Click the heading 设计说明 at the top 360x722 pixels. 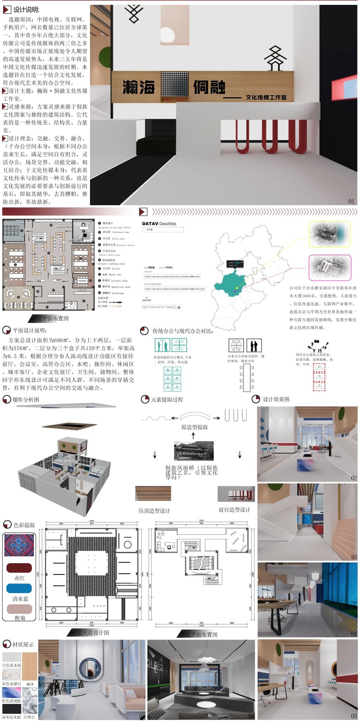point(26,9)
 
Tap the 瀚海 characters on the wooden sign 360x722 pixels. point(139,87)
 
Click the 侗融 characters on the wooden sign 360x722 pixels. point(209,87)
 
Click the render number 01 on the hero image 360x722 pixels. point(351,201)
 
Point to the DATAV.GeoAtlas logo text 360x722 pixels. point(159,223)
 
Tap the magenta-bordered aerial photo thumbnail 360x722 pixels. point(330,267)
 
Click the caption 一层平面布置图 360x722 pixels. point(53,318)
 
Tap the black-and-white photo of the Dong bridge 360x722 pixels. point(194,451)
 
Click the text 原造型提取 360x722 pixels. point(194,427)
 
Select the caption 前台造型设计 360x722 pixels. point(234,510)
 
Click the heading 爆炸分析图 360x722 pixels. point(26,399)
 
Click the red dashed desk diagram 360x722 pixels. point(319,378)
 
